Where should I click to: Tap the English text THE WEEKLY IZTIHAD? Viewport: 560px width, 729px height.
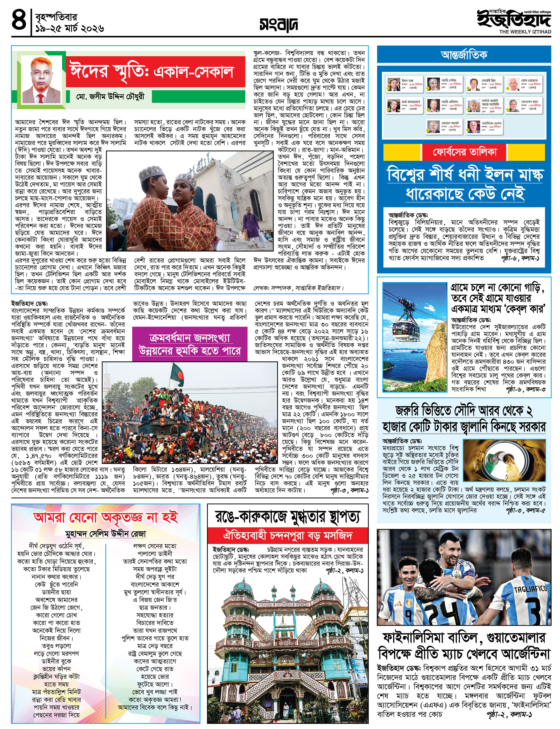click(525, 32)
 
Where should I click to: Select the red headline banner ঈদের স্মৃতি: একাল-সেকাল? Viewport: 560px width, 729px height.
click(155, 72)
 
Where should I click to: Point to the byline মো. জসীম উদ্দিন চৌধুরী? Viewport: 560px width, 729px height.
click(110, 97)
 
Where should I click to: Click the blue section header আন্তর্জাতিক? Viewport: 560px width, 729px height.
click(464, 55)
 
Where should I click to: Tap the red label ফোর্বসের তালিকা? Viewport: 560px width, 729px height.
click(464, 152)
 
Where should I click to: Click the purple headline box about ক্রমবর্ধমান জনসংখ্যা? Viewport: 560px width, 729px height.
click(190, 344)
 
